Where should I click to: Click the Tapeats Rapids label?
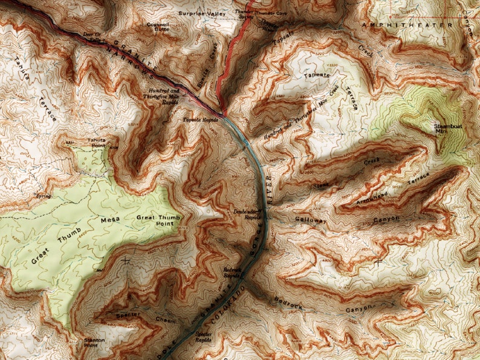click(x=199, y=120)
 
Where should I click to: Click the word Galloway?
click(x=311, y=221)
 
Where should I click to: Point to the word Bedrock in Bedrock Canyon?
click(x=288, y=299)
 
